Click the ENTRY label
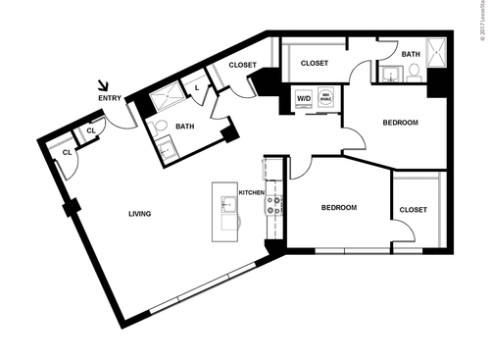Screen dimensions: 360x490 pyautogui.click(x=110, y=98)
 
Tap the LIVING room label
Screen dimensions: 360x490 pyautogui.click(x=139, y=213)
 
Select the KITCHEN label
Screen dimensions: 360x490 pyautogui.click(x=253, y=193)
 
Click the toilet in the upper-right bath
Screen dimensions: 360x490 pyautogui.click(x=414, y=71)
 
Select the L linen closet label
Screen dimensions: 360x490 pyautogui.click(x=199, y=88)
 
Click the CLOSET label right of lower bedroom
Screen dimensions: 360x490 pyautogui.click(x=413, y=210)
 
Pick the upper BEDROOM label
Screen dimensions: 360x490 pyautogui.click(x=400, y=123)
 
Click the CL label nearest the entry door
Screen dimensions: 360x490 pyautogui.click(x=90, y=130)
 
